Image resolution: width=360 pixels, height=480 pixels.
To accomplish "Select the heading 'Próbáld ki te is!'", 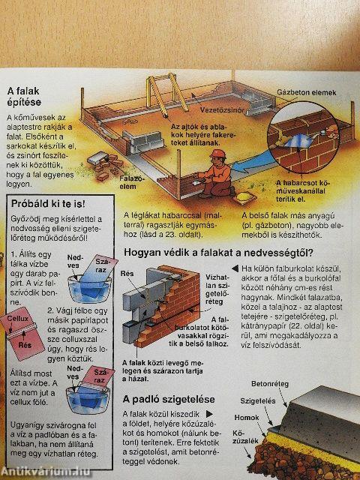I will point(45,203).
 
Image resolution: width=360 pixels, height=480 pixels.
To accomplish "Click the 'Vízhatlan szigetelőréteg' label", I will point(217,289).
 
